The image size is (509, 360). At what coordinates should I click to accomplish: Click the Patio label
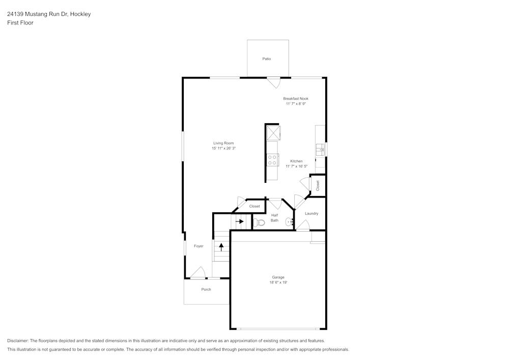267,59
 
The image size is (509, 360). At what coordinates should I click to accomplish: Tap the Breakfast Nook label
296,98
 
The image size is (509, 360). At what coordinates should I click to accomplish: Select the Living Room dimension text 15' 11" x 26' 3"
223,148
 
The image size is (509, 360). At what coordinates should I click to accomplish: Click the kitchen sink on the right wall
320,150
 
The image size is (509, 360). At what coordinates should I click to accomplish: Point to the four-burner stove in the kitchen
272,160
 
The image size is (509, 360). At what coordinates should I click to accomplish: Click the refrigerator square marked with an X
273,133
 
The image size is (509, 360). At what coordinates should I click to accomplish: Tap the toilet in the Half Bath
259,223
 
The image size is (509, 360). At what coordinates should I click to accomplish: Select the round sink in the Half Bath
289,221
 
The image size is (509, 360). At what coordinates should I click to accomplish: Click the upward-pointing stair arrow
221,247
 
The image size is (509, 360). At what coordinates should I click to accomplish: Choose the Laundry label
311,213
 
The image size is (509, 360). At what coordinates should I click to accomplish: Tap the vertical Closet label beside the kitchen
318,185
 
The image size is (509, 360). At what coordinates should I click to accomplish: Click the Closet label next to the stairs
254,206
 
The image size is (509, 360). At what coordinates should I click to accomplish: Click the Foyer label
199,246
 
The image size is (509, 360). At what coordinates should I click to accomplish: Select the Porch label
206,289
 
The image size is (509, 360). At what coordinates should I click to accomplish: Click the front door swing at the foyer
198,273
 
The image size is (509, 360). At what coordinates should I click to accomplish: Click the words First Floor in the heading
20,23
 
